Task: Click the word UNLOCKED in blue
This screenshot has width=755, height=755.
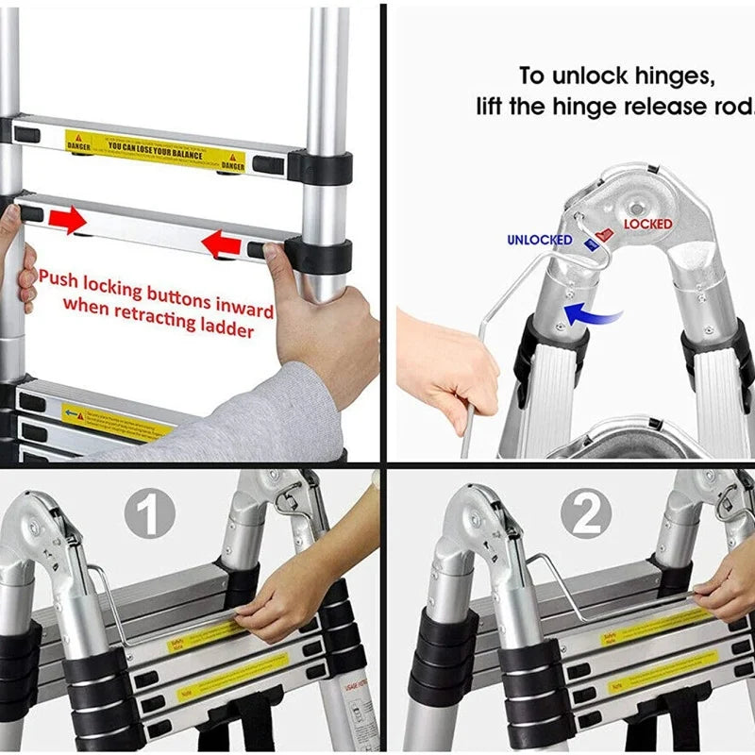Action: (x=539, y=240)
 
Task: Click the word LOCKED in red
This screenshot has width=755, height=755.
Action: (x=647, y=224)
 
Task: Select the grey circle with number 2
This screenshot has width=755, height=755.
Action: (x=586, y=515)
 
